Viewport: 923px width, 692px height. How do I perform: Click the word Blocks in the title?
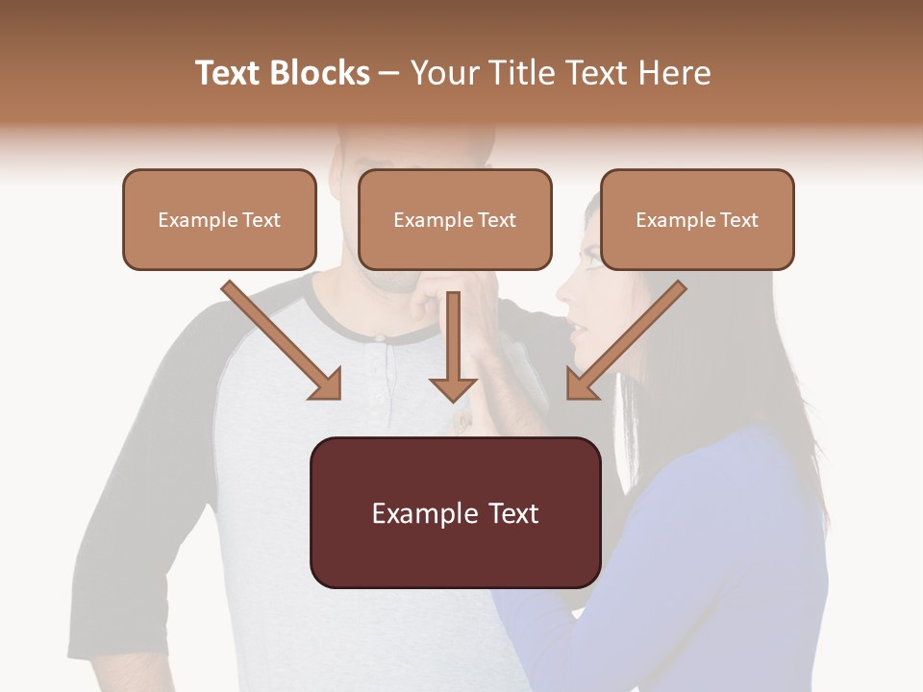[319, 73]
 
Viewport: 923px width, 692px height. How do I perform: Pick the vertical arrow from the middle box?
[453, 346]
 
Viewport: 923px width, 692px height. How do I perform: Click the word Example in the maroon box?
[413, 513]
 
